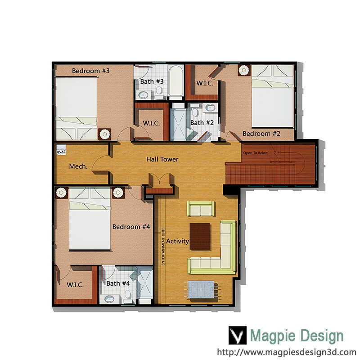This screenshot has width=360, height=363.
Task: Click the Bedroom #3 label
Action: (x=90, y=71)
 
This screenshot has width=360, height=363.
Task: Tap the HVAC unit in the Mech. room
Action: (x=61, y=150)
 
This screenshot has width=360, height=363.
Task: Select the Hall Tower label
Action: (x=162, y=159)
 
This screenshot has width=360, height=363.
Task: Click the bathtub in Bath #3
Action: (x=176, y=81)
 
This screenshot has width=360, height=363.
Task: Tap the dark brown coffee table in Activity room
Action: (x=200, y=236)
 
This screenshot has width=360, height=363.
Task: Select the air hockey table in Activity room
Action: (x=201, y=289)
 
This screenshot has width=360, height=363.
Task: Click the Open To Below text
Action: (x=255, y=153)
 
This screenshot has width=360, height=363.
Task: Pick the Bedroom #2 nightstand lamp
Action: (x=244, y=70)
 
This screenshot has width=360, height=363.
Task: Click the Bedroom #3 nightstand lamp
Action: (x=105, y=134)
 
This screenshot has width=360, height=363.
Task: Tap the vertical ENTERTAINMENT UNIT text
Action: (x=163, y=246)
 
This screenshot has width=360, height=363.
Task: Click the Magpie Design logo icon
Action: (x=237, y=335)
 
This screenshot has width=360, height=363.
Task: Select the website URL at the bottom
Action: (x=287, y=352)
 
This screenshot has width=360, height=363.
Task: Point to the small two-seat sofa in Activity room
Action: (x=201, y=209)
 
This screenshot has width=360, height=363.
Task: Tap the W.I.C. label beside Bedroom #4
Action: (x=75, y=285)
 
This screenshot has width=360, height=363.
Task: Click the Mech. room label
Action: (x=78, y=166)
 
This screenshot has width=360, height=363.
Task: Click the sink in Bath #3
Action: (x=144, y=94)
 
